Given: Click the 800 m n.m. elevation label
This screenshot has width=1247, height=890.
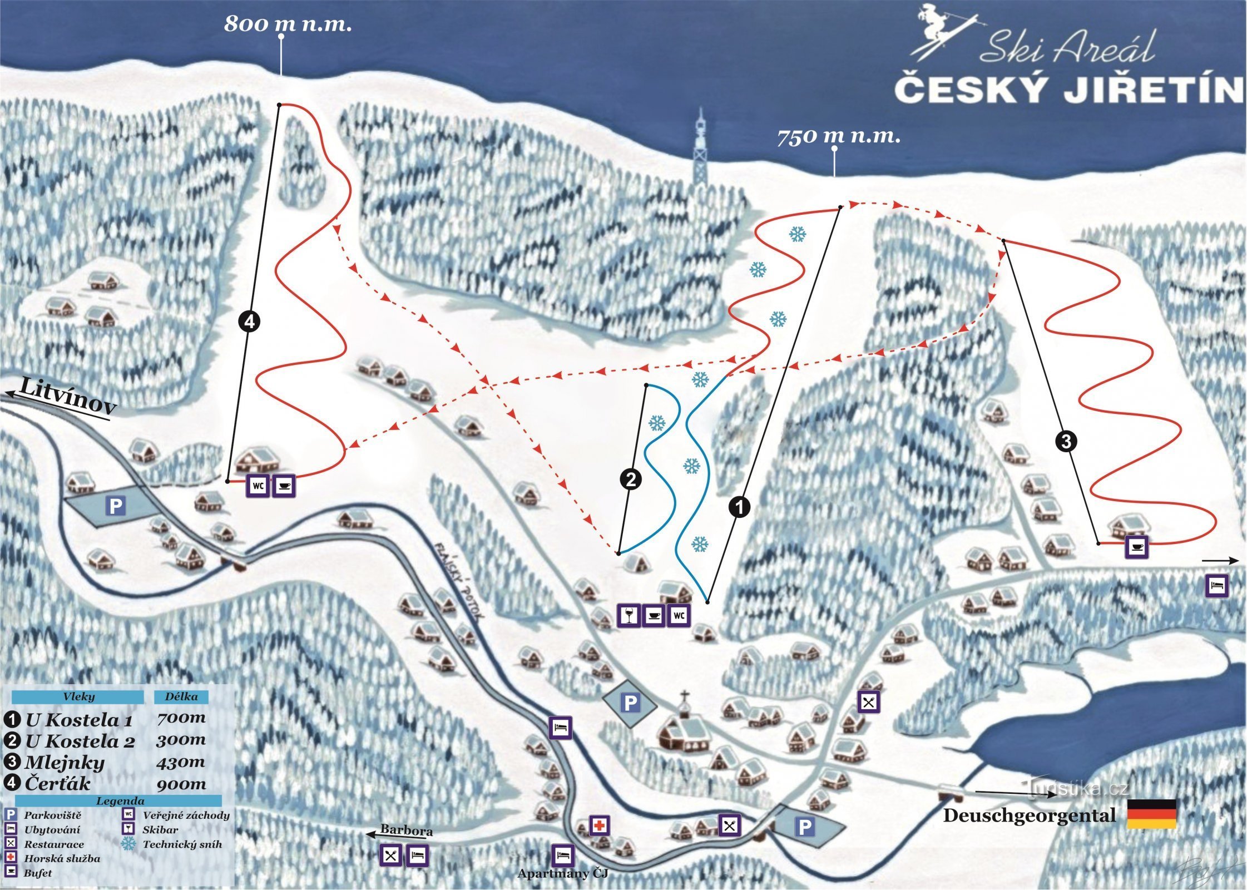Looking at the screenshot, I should point(288,24).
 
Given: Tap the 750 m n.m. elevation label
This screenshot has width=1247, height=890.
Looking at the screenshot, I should point(838,136).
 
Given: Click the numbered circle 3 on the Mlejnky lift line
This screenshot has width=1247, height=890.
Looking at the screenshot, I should point(1066,442).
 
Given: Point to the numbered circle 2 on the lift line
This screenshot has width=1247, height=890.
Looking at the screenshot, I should point(631,479).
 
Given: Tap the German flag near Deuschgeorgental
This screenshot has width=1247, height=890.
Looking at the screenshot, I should point(1151,814).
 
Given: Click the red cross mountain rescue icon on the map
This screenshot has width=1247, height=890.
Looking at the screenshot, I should point(600,825).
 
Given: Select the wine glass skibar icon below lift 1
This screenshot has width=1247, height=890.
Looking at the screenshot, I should point(629,616).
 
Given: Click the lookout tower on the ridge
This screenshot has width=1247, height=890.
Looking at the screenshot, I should point(701,150).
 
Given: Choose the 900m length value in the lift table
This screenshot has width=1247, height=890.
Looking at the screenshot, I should point(181,784).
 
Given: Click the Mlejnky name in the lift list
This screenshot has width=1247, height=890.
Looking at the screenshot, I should point(65,762).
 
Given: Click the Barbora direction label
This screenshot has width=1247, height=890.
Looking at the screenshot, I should point(406,831).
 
